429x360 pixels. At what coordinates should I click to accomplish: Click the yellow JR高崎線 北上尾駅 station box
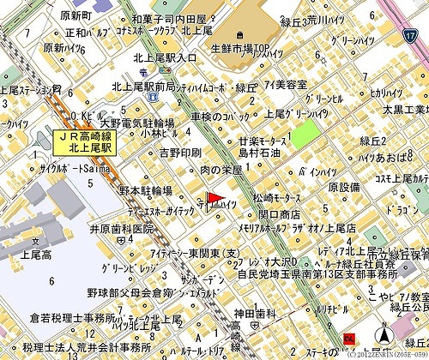coord(89,142)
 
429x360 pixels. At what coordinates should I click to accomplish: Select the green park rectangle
coord(303,135)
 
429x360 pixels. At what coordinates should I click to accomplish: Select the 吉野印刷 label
coord(180,153)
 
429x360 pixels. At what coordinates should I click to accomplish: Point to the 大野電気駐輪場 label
coord(137,123)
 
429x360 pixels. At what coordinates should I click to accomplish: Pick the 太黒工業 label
coord(404,109)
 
